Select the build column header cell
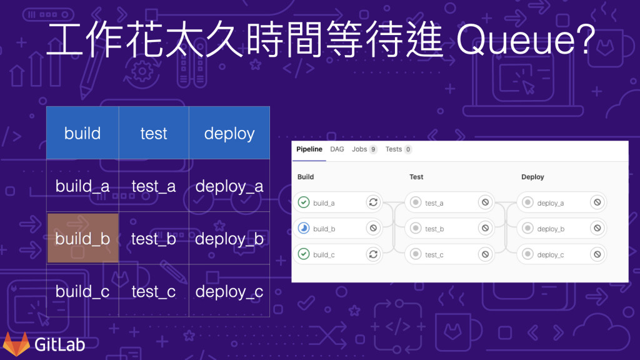pyautogui.click(x=82, y=133)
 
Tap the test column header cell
pyautogui.click(x=154, y=133)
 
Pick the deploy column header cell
pyautogui.click(x=229, y=133)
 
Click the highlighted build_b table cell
pyautogui.click(x=82, y=239)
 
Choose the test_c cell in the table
pyautogui.click(x=154, y=292)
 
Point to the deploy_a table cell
pyautogui.click(x=229, y=186)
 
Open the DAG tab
pyautogui.click(x=337, y=149)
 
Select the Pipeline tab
pyautogui.click(x=309, y=149)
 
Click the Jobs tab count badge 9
pyautogui.click(x=373, y=150)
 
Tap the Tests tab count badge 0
pyautogui.click(x=407, y=150)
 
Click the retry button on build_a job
pyautogui.click(x=373, y=202)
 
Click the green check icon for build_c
pyautogui.click(x=304, y=254)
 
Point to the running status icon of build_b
pyautogui.click(x=304, y=229)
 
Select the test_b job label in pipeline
pyautogui.click(x=434, y=229)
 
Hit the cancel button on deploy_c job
pyautogui.click(x=597, y=254)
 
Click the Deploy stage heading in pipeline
pyautogui.click(x=532, y=177)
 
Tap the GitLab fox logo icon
pyautogui.click(x=16, y=343)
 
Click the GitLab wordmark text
pyautogui.click(x=59, y=344)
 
